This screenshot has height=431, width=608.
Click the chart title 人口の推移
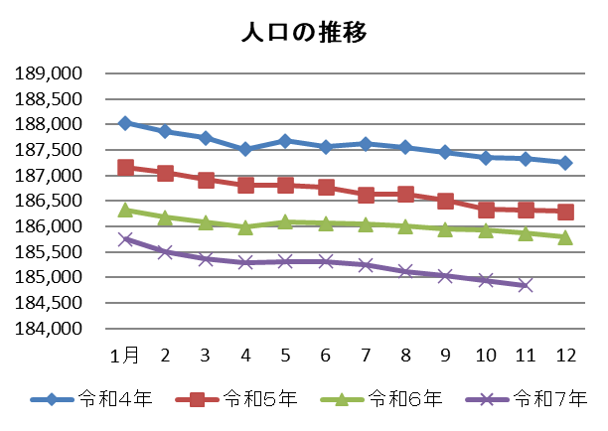coord(304,32)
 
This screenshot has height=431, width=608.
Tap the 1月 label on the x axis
coord(125,356)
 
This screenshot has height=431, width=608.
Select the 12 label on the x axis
coord(564,356)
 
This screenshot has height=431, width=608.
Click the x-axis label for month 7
coord(366,356)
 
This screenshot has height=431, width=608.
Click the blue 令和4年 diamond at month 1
coord(125,123)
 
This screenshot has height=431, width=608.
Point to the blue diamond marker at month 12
coord(565,163)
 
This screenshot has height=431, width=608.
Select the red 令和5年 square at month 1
coord(125,168)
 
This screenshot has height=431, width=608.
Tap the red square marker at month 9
coord(446,201)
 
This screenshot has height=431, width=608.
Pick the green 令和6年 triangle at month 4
coord(245,226)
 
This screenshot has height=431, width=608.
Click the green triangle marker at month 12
coord(565,236)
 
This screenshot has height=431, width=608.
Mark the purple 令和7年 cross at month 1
coord(125,239)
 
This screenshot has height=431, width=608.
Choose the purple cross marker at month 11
coord(526,285)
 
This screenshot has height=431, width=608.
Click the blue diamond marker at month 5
coord(285,141)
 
